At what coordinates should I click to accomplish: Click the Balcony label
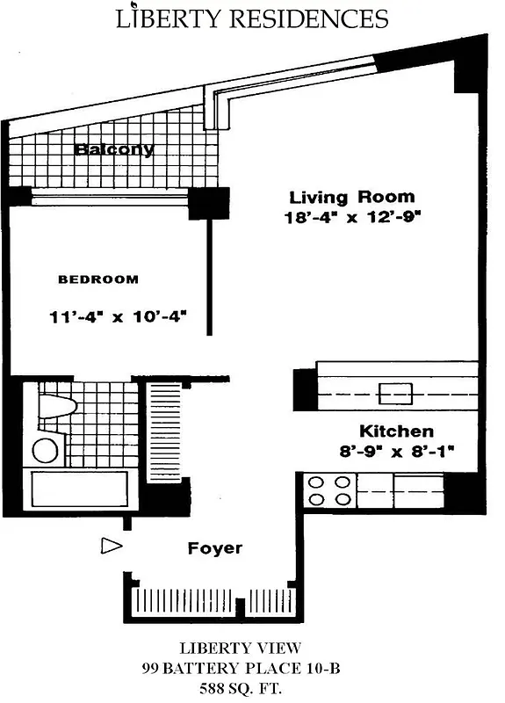pos(114,149)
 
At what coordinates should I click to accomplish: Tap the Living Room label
pos(351,197)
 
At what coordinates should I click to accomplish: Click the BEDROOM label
pos(97,279)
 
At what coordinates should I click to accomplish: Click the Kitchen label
pos(395,431)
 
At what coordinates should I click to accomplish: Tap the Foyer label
pos(214,548)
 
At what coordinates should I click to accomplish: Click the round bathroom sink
pos(45,451)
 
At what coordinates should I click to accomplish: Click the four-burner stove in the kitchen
pos(328,490)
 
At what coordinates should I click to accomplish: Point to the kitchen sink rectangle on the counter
pos(394,392)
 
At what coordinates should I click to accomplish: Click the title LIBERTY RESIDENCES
pos(252,19)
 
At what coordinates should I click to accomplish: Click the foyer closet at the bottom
pos(210,604)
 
